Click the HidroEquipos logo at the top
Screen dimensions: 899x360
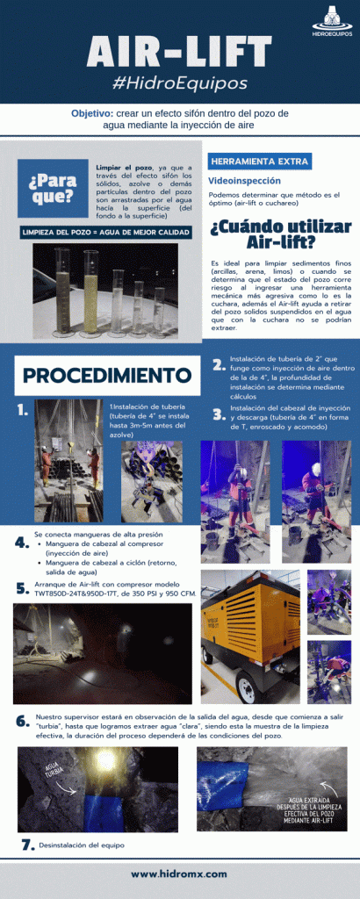point(335,19)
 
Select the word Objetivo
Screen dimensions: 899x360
point(90,114)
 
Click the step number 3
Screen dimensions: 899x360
point(218,416)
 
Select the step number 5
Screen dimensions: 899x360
point(22,587)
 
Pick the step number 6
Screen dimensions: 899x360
point(22,721)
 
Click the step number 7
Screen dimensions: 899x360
point(26,845)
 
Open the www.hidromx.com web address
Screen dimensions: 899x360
point(179,874)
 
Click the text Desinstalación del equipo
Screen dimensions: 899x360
point(81,845)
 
